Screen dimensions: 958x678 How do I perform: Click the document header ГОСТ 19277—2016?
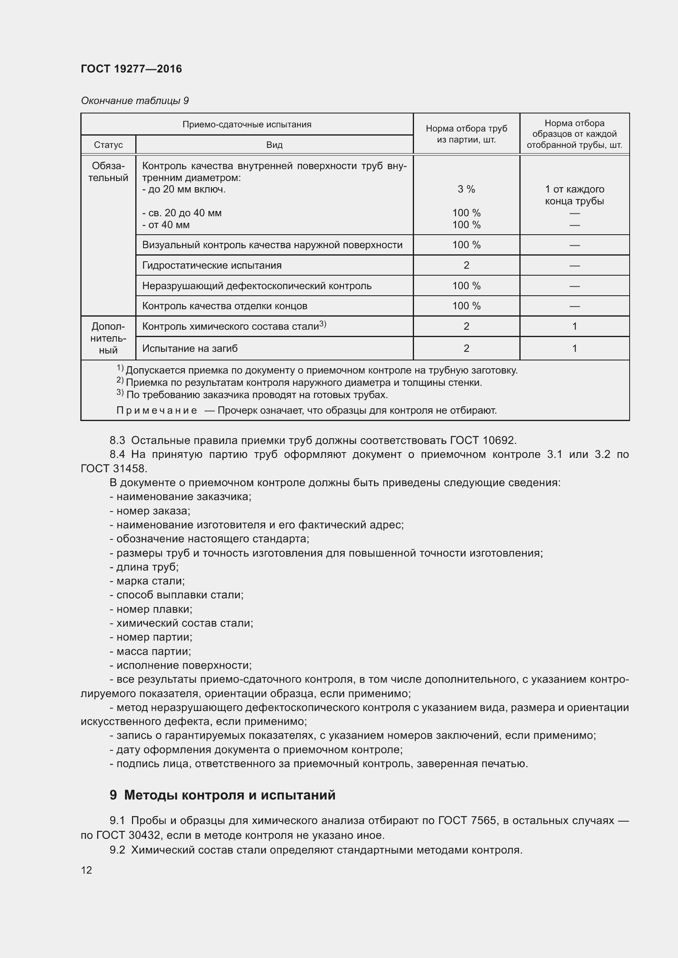131,69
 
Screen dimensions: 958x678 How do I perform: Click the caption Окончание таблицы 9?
134,101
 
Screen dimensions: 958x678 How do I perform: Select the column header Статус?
108,145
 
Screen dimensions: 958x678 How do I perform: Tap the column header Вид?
274,145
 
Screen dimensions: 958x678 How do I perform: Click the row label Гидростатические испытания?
212,265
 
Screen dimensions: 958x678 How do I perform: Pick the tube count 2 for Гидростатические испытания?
466,265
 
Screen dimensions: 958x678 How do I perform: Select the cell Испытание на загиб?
189,349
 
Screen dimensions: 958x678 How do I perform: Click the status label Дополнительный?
108,338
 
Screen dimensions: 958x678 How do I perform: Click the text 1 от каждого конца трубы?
574,195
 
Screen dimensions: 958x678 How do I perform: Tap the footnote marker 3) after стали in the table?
322,324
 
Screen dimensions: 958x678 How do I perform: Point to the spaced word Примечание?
157,410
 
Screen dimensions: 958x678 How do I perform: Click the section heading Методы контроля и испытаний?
230,795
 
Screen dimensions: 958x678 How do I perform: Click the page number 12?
86,870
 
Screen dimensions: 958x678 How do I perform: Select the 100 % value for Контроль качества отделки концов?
466,306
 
